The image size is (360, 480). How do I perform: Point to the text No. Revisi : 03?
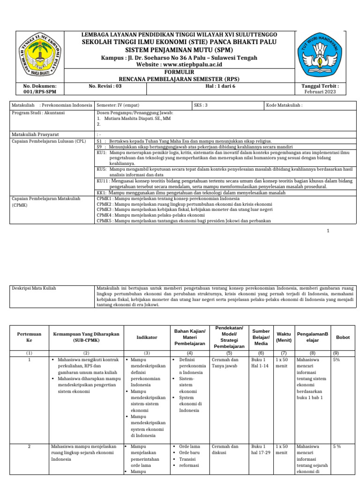pyautogui.click(x=105, y=86)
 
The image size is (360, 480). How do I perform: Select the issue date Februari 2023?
pyautogui.click(x=321, y=92)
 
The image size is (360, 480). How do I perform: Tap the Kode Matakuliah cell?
pyautogui.click(x=291, y=105)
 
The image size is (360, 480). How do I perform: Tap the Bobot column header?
pyautogui.click(x=343, y=337)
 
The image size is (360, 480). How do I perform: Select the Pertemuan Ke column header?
pyautogui.click(x=29, y=337)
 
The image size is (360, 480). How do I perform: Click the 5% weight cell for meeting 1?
pyautogui.click(x=336, y=360)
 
